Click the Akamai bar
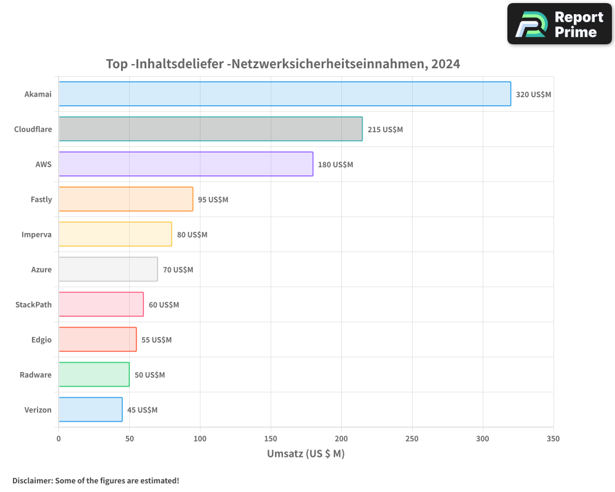click(x=284, y=94)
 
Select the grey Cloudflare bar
click(x=210, y=129)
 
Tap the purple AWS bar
click(x=186, y=164)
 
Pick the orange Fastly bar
click(x=125, y=199)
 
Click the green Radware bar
click(x=93, y=375)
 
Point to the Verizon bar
click(x=90, y=410)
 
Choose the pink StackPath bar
click(x=101, y=304)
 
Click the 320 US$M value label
click(x=533, y=95)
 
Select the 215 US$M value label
click(x=385, y=130)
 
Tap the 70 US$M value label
click(x=178, y=270)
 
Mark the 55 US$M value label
click(x=156, y=340)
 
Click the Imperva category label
click(x=37, y=235)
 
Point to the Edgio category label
click(x=41, y=340)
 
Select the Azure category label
click(x=41, y=270)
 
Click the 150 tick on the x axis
click(x=271, y=438)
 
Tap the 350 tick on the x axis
click(x=553, y=438)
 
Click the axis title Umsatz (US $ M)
click(x=306, y=454)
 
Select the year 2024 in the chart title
click(x=445, y=63)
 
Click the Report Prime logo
click(x=559, y=24)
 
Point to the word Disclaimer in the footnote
click(x=32, y=480)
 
